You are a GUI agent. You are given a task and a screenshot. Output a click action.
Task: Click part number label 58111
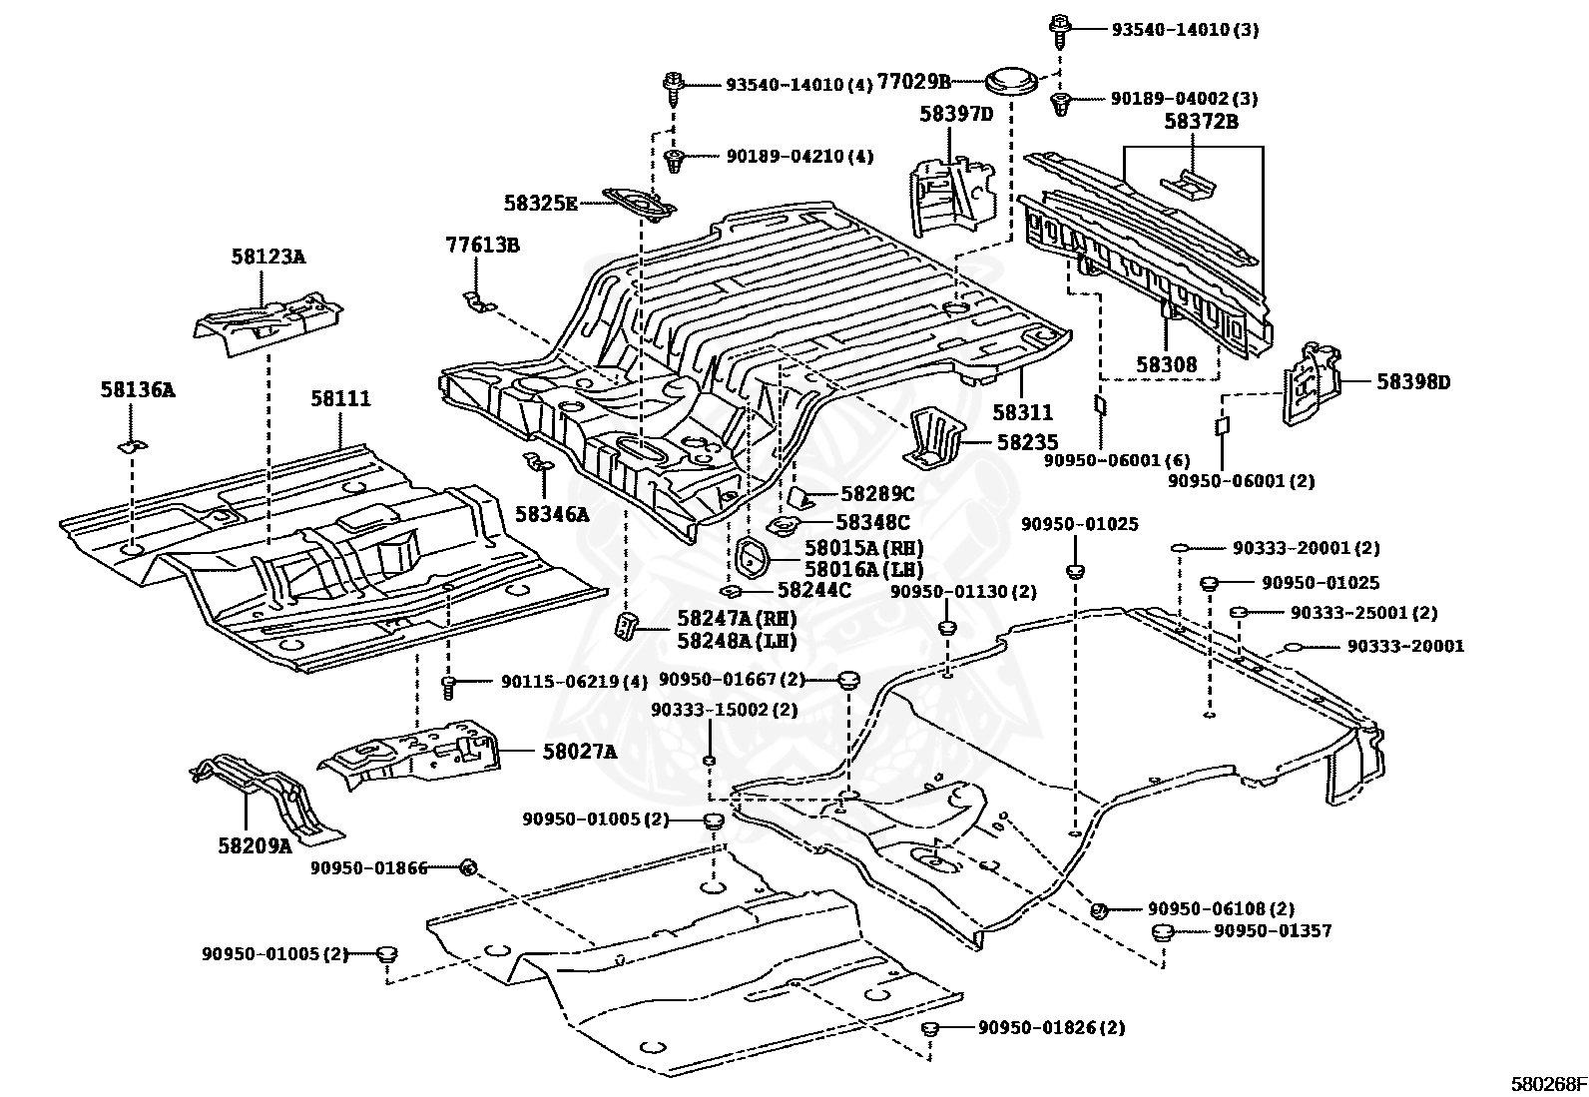339,399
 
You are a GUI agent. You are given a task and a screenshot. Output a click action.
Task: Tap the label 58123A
267,257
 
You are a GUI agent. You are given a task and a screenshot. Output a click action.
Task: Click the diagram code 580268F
1547,1084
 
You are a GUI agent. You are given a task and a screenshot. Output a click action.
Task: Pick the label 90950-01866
368,868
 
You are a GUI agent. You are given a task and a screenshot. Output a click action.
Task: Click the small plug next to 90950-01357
1161,933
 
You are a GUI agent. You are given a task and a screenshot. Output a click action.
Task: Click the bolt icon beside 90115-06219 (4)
449,686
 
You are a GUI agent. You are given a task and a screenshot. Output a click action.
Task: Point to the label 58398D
1413,382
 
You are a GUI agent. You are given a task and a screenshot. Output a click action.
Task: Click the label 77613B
483,245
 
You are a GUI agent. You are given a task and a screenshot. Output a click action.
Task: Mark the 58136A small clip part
132,444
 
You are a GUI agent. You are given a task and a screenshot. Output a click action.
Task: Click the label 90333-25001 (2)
1363,613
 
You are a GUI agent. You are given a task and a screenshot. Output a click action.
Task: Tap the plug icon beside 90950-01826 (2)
929,1029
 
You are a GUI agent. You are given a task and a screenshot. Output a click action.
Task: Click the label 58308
1166,365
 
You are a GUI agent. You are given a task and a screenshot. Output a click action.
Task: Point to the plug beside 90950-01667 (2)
848,681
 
